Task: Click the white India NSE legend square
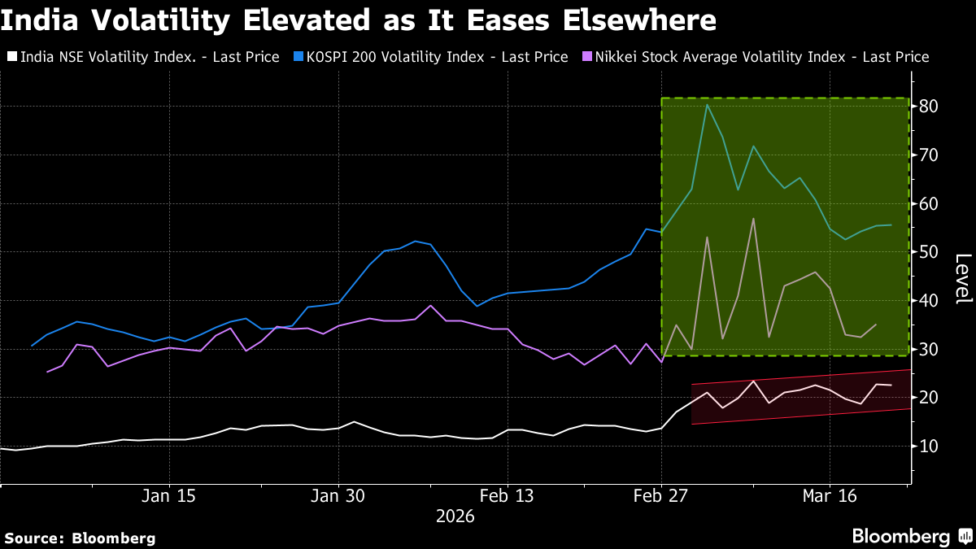(x=11, y=57)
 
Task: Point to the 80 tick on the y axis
(x=929, y=107)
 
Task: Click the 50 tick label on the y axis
(x=929, y=252)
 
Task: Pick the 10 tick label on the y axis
(x=929, y=447)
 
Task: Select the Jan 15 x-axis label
(x=169, y=496)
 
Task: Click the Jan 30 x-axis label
(x=338, y=496)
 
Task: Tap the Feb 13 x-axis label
(x=508, y=496)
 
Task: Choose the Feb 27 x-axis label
(x=661, y=496)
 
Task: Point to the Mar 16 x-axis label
(x=830, y=496)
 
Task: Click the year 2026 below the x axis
(x=455, y=516)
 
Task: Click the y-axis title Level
(x=962, y=279)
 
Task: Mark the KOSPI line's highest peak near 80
(x=707, y=105)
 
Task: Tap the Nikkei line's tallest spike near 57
(x=753, y=218)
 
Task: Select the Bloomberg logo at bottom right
(x=911, y=536)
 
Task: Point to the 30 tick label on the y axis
(x=929, y=350)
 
